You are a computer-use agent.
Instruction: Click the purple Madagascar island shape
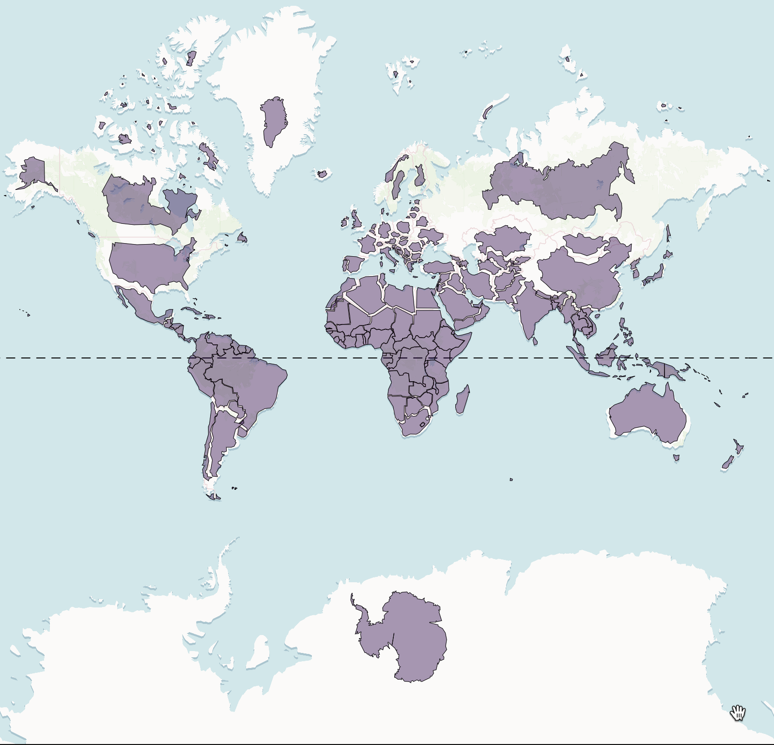click(463, 400)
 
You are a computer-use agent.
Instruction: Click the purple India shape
click(530, 310)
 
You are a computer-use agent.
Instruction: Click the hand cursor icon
click(738, 713)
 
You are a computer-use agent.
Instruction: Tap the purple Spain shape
click(353, 264)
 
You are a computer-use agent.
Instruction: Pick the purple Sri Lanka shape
click(535, 341)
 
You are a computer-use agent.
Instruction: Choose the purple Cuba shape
click(192, 310)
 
